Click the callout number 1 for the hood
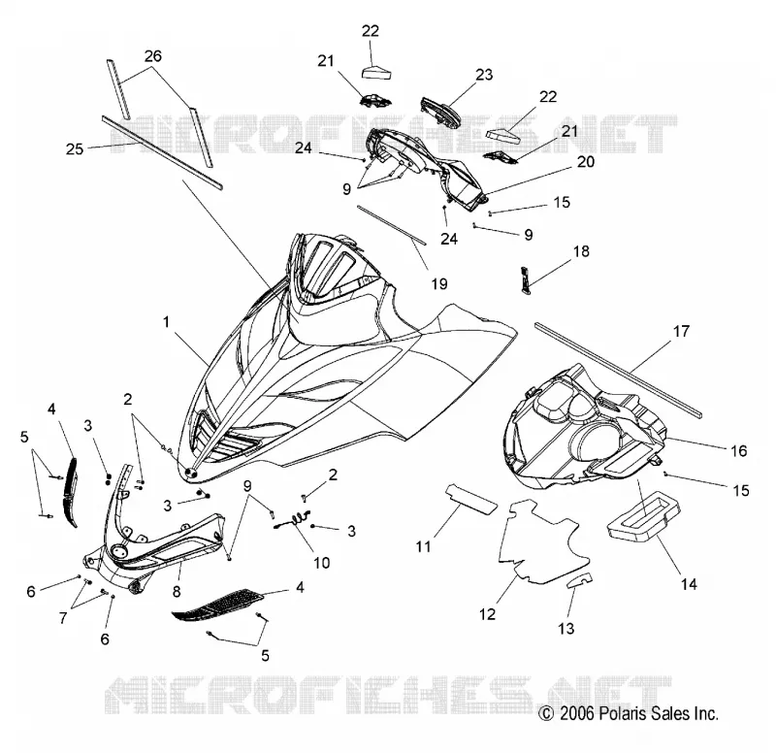pos(166,322)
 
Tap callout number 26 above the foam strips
pos(153,56)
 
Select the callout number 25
pos(75,148)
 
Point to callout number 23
pos(484,75)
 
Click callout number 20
pos(586,161)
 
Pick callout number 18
pos(581,251)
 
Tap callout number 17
pos(682,331)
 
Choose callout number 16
pos(739,450)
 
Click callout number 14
pos(689,584)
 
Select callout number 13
pos(566,628)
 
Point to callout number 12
pos(488,614)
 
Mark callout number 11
pos(423,546)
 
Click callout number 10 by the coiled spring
pos(322,563)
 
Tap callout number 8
pos(177,591)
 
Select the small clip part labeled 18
pos(526,280)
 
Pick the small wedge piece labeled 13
pos(579,579)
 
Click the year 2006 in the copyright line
pos(576,713)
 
